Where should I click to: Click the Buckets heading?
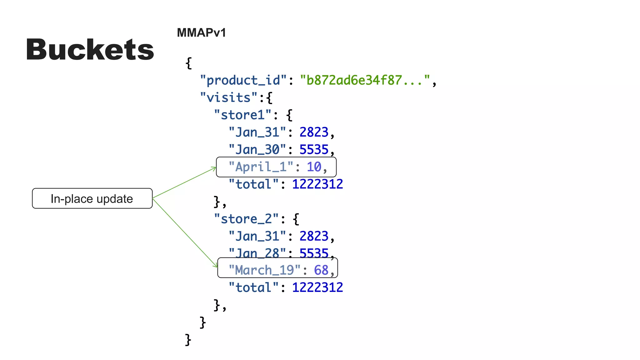pyautogui.click(x=90, y=50)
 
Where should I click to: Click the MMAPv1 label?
pyautogui.click(x=201, y=33)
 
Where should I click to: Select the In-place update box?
pyautogui.click(x=92, y=198)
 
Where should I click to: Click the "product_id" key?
pyautogui.click(x=243, y=80)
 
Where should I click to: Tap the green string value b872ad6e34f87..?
pyautogui.click(x=365, y=80)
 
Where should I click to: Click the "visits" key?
pyautogui.click(x=228, y=97)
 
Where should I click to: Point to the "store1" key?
pyautogui.click(x=242, y=115)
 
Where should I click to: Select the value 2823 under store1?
pyautogui.click(x=314, y=132)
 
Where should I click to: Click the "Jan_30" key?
pyautogui.click(x=257, y=149)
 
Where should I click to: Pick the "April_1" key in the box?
pyautogui.click(x=261, y=167)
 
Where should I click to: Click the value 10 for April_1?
pyautogui.click(x=314, y=167)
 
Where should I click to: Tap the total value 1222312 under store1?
pyautogui.click(x=317, y=184)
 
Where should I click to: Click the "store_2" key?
pyautogui.click(x=246, y=219)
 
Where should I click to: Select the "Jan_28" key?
pyautogui.click(x=257, y=253)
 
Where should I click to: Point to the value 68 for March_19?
pyautogui.click(x=321, y=270)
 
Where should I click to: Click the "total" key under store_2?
pyautogui.click(x=253, y=287)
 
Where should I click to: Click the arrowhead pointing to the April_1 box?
pyautogui.click(x=214, y=169)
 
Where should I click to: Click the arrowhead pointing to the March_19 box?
pyautogui.click(x=216, y=266)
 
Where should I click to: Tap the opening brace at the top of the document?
pyautogui.click(x=188, y=63)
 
